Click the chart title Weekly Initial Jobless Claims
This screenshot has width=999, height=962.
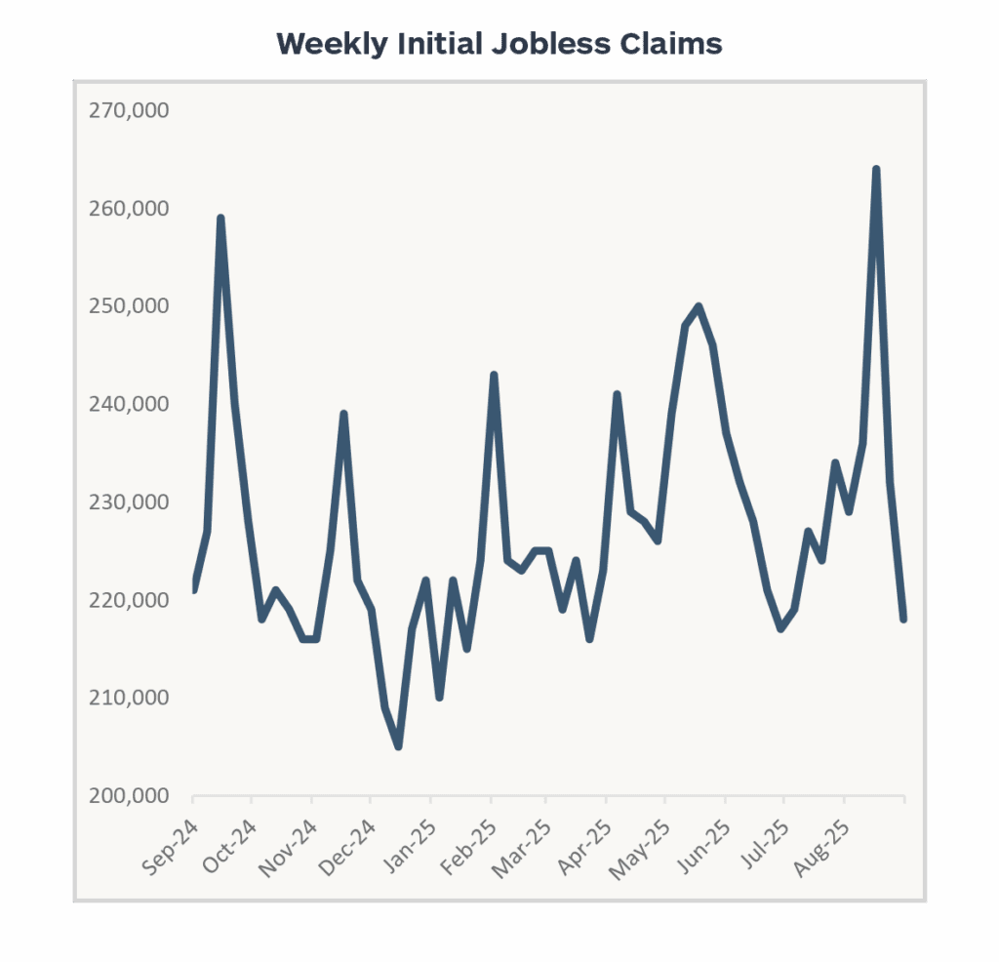499,45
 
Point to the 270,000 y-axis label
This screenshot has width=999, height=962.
129,111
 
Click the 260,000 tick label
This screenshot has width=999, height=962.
129,209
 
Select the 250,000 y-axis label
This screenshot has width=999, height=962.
129,306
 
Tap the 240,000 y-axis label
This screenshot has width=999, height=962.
129,405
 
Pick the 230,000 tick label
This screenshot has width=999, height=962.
129,502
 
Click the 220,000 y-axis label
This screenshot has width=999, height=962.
129,600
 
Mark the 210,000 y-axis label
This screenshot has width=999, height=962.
129,698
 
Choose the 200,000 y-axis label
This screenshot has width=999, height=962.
129,796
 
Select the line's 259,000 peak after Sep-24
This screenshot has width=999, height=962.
220,219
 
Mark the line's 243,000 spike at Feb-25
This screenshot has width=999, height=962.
494,375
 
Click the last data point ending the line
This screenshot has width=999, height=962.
903,620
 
